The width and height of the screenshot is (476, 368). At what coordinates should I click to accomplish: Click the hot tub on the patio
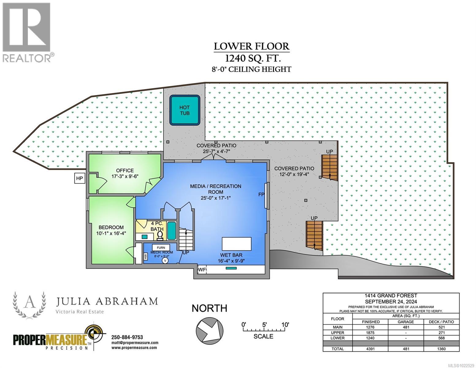(185, 110)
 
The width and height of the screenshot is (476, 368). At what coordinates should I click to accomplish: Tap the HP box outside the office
(79, 178)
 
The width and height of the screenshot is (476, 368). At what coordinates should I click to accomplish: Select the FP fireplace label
(261, 195)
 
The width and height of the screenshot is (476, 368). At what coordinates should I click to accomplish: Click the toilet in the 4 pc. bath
(160, 235)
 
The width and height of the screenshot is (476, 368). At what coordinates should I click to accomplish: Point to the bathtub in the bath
(172, 231)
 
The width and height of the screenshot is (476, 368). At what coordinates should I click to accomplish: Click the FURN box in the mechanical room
(161, 247)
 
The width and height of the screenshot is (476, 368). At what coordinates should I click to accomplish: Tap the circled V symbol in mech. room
(165, 260)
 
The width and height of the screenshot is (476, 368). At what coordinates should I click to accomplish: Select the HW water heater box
(145, 256)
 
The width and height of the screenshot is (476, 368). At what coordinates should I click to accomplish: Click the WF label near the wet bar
(202, 270)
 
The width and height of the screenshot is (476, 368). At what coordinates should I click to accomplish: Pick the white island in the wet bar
(236, 244)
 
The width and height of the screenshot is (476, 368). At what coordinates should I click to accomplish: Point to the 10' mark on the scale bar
(285, 325)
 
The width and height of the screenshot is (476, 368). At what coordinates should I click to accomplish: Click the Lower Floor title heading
(251, 46)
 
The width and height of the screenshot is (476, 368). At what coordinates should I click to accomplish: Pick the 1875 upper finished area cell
(371, 333)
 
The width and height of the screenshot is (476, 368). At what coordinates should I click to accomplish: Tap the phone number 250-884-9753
(127, 337)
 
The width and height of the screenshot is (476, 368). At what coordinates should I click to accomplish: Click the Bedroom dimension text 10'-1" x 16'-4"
(111, 233)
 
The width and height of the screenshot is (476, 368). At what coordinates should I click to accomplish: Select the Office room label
(125, 171)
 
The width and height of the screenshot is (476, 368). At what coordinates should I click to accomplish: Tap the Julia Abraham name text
(107, 301)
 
